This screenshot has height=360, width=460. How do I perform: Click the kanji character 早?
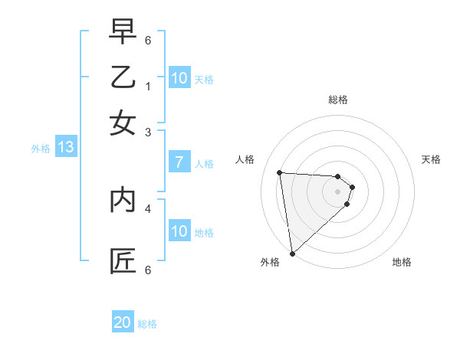click(x=123, y=31)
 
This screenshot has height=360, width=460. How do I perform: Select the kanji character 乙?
click(x=123, y=77)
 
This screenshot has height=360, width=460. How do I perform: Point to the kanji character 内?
click(x=123, y=200)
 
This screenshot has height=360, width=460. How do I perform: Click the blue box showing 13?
click(x=65, y=148)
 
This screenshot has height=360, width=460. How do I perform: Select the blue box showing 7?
click(x=179, y=162)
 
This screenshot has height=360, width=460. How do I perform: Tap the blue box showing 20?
click(x=123, y=322)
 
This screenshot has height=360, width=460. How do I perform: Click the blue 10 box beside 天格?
click(x=179, y=78)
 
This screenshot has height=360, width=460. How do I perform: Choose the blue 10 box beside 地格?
click(x=179, y=231)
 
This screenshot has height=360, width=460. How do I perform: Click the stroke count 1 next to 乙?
click(x=148, y=87)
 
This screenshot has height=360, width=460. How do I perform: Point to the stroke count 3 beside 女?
click(x=148, y=132)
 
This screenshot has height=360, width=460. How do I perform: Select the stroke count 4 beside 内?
click(x=148, y=208)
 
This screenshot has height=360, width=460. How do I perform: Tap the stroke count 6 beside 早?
click(x=148, y=40)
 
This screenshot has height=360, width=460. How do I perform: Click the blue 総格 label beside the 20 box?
click(x=147, y=324)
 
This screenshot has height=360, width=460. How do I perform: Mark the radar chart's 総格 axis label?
click(x=337, y=100)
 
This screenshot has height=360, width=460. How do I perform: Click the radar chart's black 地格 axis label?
click(x=402, y=262)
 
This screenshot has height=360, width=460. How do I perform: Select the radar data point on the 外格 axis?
click(x=292, y=253)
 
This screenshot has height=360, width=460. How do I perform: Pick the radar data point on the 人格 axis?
click(x=280, y=172)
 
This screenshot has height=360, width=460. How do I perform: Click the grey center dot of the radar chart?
click(x=337, y=191)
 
